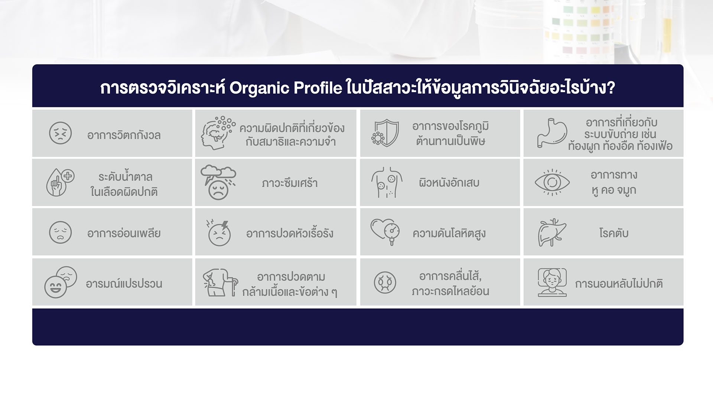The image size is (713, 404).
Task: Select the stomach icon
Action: (x=552, y=133)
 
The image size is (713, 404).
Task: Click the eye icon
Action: (x=552, y=182)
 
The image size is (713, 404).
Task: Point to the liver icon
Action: (x=552, y=232)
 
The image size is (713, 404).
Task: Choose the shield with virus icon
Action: (x=385, y=133)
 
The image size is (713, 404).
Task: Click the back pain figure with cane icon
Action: (x=220, y=282)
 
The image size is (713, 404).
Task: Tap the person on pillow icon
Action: (x=552, y=282)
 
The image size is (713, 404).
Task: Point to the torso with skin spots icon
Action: (x=387, y=182)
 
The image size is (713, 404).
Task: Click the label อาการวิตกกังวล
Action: (x=124, y=135)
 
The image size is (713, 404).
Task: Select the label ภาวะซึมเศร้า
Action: (x=290, y=183)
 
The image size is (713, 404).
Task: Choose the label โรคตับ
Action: (x=614, y=233)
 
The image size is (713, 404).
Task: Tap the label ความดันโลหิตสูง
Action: (x=449, y=234)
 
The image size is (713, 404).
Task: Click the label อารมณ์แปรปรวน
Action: (x=124, y=283)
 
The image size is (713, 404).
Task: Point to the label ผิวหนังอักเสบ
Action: (x=449, y=182)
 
